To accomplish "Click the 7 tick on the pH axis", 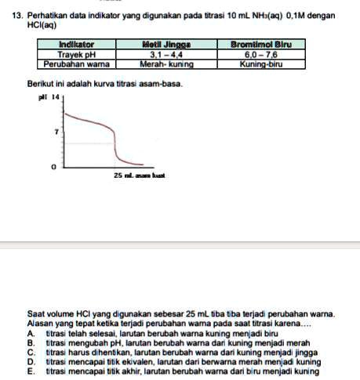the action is (56, 133).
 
